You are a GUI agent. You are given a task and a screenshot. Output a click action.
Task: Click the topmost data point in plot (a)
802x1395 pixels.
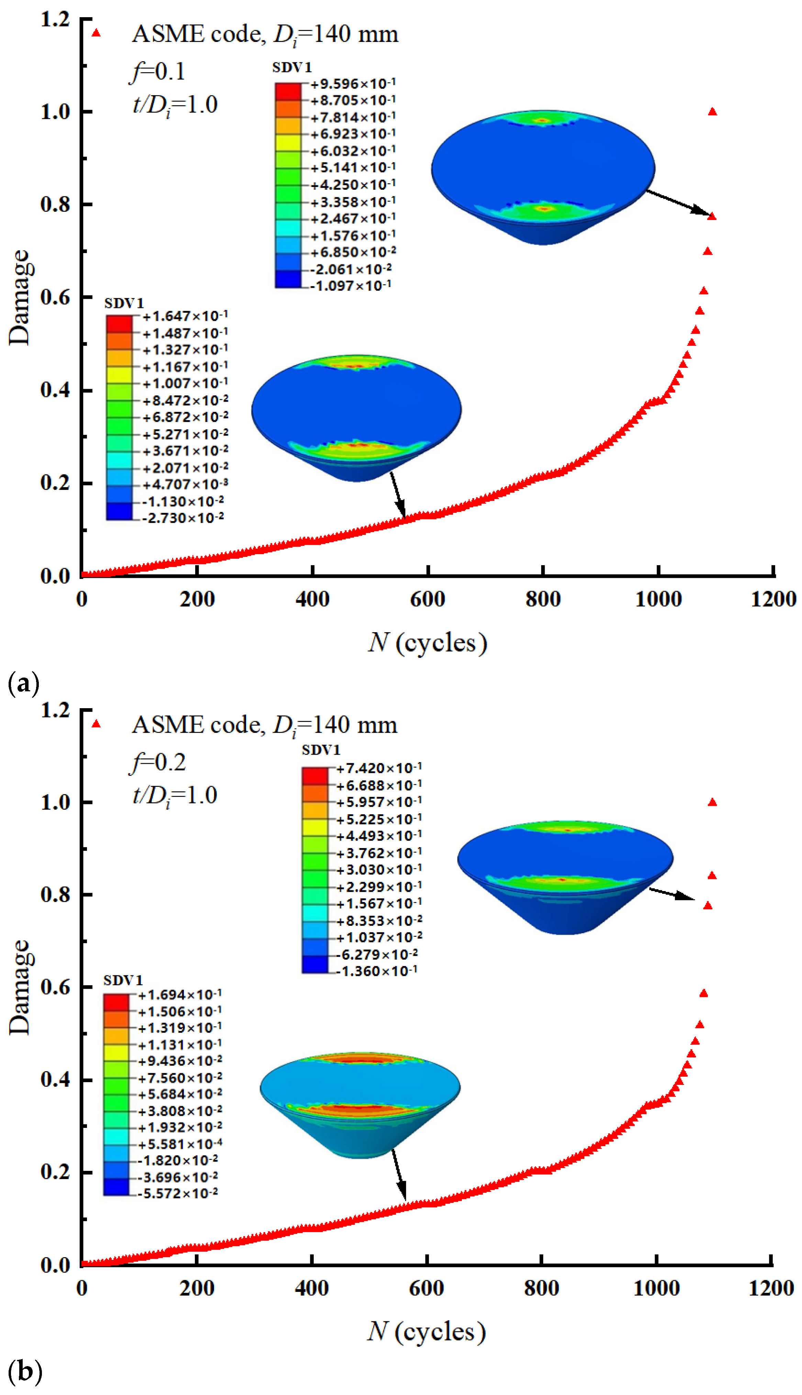pos(712,112)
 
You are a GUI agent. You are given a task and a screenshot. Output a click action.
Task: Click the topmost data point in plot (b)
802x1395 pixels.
pos(712,803)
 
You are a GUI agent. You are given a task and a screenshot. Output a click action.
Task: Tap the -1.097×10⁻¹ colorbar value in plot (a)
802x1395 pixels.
pos(350,285)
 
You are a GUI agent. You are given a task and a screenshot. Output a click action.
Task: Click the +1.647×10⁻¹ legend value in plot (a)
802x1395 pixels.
pos(185,316)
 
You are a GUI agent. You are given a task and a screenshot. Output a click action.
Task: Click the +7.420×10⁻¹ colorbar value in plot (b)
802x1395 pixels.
pos(379,768)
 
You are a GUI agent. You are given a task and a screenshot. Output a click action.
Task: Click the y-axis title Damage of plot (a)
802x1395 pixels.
pos(20,297)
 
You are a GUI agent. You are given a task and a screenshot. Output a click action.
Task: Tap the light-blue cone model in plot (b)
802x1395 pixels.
pos(360,1105)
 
